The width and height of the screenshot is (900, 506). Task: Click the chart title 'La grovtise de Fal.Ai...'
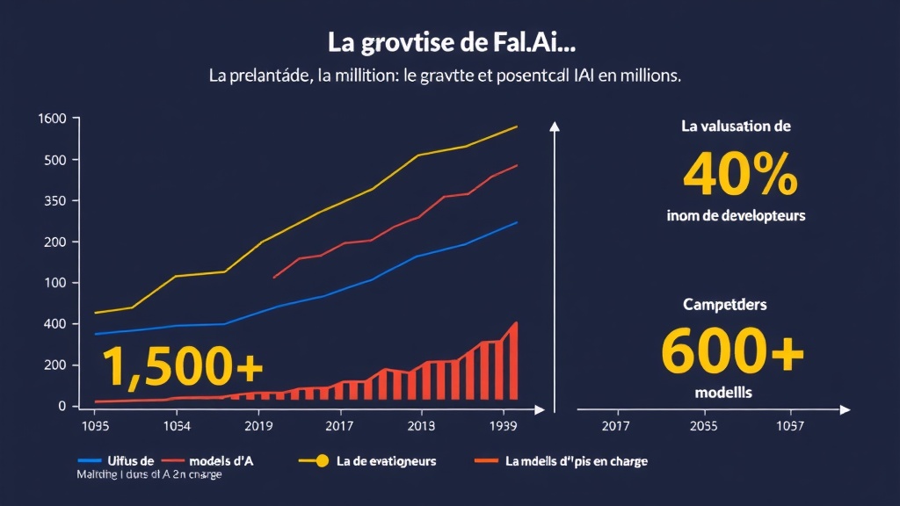[449, 41]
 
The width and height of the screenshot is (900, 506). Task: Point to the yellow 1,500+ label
[182, 366]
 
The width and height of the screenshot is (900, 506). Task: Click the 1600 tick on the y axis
[54, 119]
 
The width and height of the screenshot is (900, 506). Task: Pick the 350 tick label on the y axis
[56, 201]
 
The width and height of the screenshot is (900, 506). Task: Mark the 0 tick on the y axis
[63, 406]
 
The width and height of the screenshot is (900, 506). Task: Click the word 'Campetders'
[725, 305]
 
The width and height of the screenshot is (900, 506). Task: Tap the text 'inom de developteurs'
[737, 215]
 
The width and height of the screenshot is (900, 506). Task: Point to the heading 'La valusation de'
[736, 126]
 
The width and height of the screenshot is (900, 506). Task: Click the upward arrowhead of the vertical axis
[554, 126]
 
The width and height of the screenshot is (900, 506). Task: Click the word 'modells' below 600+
[723, 394]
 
